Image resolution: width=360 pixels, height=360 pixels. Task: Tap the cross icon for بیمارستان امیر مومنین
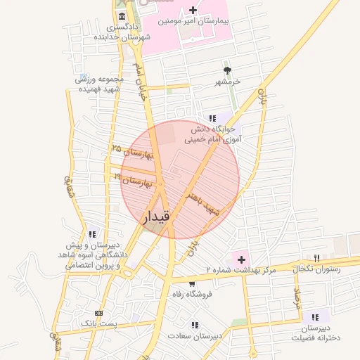point(193,11)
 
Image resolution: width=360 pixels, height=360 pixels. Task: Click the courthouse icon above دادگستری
point(123,16)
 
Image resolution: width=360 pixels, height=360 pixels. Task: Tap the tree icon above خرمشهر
point(227,71)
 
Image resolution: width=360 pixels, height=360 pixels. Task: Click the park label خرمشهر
point(228,82)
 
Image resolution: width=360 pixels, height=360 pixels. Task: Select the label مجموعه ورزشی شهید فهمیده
point(100,84)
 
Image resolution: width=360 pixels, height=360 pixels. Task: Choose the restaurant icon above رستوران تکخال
point(316,258)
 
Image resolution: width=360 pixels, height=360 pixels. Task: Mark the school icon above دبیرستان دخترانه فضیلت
point(314,317)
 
